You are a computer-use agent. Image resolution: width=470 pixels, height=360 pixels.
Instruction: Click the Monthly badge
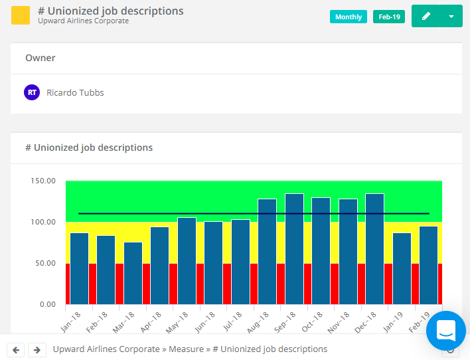click(x=349, y=17)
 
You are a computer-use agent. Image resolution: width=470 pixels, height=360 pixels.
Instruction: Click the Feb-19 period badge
click(x=389, y=17)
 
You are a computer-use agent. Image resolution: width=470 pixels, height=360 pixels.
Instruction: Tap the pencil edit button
click(x=426, y=16)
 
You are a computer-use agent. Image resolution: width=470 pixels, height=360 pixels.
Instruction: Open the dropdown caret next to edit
click(x=451, y=16)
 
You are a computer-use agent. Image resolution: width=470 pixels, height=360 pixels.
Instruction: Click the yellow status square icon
click(x=21, y=15)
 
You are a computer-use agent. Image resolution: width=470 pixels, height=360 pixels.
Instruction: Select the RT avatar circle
click(x=32, y=92)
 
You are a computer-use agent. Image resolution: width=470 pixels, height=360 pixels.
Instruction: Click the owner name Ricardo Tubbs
click(x=75, y=92)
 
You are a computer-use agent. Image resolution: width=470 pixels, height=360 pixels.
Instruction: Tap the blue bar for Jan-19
click(x=402, y=268)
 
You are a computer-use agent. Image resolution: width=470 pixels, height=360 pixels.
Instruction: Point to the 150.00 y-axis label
click(x=43, y=181)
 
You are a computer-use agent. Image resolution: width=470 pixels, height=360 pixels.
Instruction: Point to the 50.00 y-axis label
click(x=45, y=263)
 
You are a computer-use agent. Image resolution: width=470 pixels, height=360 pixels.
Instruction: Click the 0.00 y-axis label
click(x=47, y=304)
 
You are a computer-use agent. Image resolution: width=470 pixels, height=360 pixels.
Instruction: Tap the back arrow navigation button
click(x=17, y=349)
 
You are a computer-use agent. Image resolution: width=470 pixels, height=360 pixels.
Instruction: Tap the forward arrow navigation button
click(x=37, y=349)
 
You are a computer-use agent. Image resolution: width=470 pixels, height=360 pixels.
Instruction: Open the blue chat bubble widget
click(x=445, y=330)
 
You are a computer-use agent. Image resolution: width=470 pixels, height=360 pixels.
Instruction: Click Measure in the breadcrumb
click(x=186, y=349)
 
